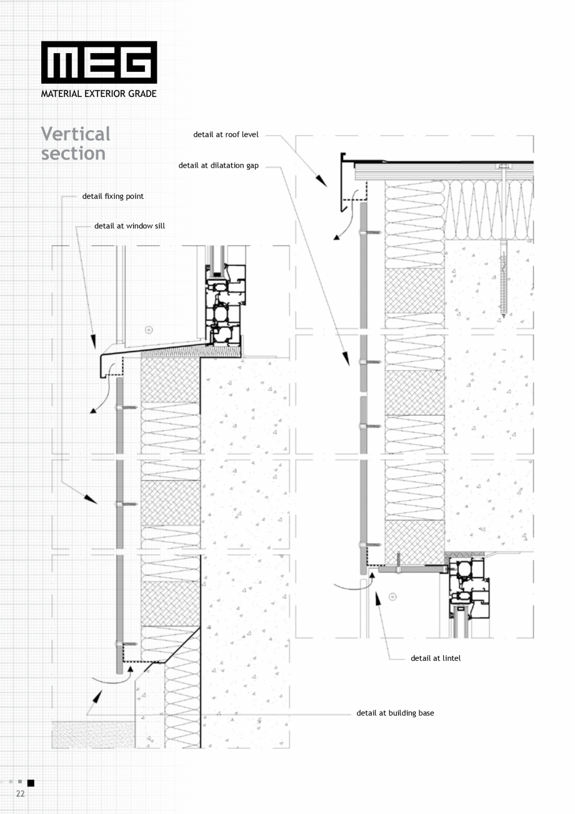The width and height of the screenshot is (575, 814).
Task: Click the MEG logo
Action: tap(99, 62)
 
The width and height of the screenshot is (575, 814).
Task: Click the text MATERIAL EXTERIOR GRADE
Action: tap(99, 94)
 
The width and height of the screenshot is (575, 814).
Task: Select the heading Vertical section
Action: tap(76, 143)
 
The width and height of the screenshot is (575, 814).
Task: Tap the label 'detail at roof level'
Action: tap(226, 135)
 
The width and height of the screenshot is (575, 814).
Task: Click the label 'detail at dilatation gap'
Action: tap(218, 166)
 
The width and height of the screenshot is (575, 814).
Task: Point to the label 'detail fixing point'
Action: tap(112, 196)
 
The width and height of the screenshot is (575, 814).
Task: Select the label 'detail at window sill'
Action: tap(129, 226)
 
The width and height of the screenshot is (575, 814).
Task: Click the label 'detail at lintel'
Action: tap(436, 658)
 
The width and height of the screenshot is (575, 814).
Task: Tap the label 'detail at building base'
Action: tap(395, 713)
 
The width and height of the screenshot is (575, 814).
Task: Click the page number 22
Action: tap(20, 793)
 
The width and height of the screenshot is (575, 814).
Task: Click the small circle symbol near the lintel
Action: tap(392, 596)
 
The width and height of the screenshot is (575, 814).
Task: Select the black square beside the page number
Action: tap(31, 783)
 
